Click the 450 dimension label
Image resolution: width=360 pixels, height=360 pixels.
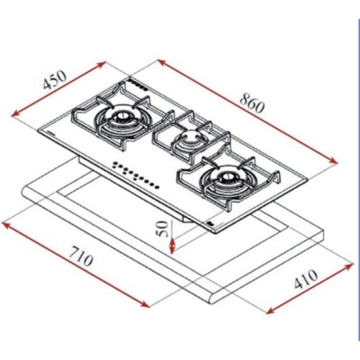[55, 80]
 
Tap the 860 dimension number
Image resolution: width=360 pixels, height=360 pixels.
[252, 103]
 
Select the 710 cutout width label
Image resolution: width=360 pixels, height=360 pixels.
[81, 256]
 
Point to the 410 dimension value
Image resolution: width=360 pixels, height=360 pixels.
[306, 279]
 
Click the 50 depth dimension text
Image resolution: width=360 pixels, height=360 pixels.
[162, 229]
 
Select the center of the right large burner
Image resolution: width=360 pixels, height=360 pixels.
[226, 176]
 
